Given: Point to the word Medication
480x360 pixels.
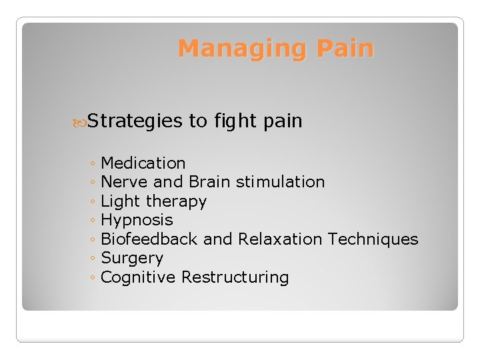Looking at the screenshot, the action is [143, 163].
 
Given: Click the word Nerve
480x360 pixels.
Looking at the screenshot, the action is [125, 182].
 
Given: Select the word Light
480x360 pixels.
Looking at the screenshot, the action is [121, 201].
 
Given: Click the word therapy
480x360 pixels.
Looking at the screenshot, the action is [176, 201].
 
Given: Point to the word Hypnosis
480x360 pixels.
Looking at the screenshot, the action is [137, 220].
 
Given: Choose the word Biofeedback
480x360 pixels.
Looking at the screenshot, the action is [149, 239].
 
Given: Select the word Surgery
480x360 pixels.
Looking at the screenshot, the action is [132, 259].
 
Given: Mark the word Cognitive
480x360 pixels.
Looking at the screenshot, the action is [138, 277].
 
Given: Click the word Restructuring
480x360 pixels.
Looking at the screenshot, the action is [235, 277].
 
